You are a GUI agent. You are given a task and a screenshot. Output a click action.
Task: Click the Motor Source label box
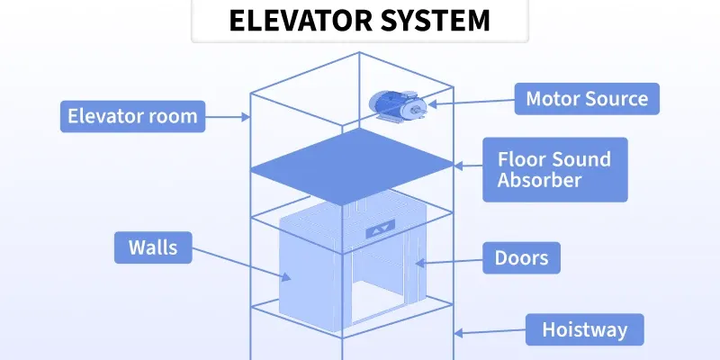point(586,98)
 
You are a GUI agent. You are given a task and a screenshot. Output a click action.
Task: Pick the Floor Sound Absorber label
point(555,169)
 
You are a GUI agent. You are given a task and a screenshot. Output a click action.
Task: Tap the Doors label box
point(522,258)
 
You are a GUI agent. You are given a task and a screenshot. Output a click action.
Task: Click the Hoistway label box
point(584,329)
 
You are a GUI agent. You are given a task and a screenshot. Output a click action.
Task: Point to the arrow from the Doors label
point(446,261)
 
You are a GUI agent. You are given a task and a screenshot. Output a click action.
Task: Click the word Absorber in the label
point(540,180)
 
